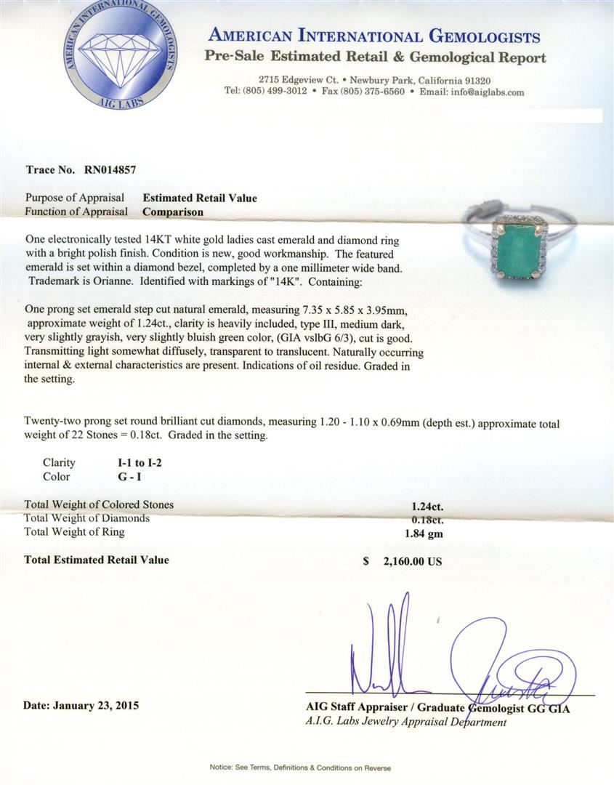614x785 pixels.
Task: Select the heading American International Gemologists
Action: pyautogui.click(x=374, y=36)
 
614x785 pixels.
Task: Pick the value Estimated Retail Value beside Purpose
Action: pyautogui.click(x=200, y=198)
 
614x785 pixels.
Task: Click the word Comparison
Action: pyautogui.click(x=173, y=212)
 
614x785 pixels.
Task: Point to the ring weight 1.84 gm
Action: pyautogui.click(x=424, y=534)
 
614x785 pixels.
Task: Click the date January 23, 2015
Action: pyautogui.click(x=81, y=705)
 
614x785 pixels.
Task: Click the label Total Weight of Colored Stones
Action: pyautogui.click(x=99, y=504)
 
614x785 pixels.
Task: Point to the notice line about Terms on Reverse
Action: pyautogui.click(x=300, y=768)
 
